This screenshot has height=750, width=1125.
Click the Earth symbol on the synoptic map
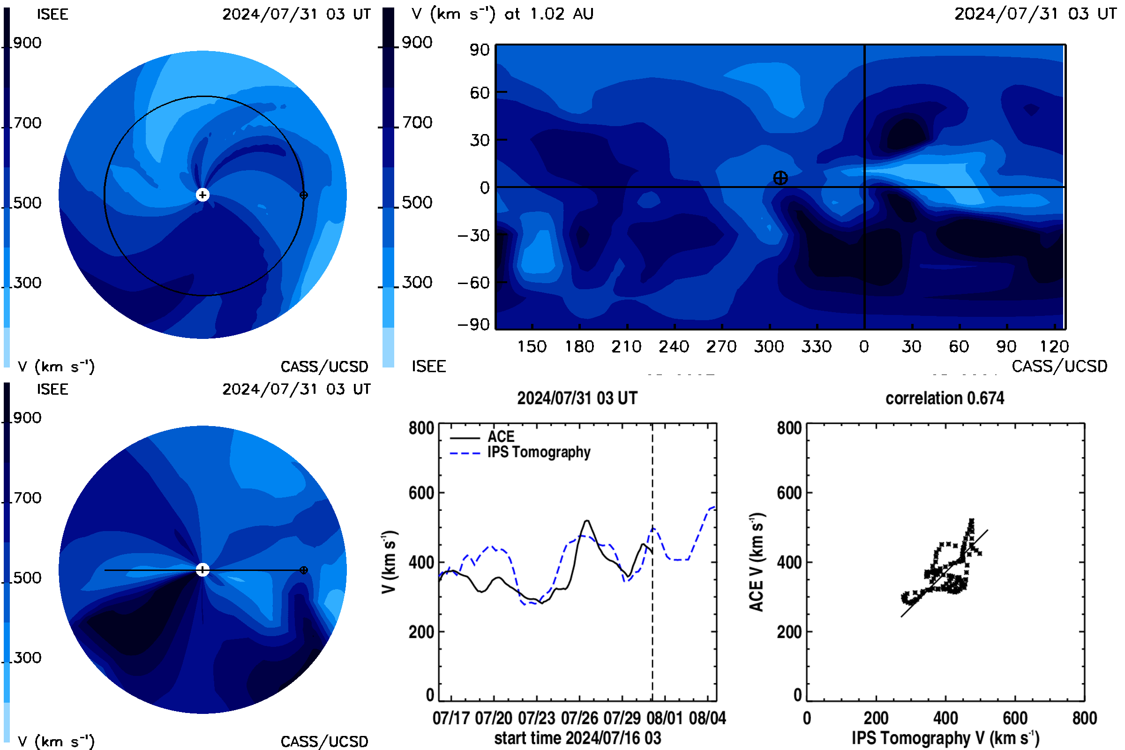(x=780, y=178)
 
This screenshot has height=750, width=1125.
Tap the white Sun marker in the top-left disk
(x=203, y=195)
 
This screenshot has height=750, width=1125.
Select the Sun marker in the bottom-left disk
(x=203, y=570)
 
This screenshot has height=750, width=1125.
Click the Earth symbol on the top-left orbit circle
(x=303, y=195)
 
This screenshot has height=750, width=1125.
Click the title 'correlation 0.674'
(x=945, y=398)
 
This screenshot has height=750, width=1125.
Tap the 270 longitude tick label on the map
(x=721, y=346)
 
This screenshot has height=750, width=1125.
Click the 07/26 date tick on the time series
(x=579, y=718)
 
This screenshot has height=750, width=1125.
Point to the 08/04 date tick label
(x=707, y=718)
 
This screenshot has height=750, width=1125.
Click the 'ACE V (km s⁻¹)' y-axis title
(x=757, y=562)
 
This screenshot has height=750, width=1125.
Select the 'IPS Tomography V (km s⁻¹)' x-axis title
(x=945, y=738)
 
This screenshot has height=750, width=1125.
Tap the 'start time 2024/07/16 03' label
(x=577, y=738)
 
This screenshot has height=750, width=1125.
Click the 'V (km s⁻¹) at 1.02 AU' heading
(x=502, y=14)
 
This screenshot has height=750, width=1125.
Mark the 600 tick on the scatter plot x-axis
(x=1015, y=718)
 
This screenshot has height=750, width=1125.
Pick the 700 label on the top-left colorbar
(x=27, y=123)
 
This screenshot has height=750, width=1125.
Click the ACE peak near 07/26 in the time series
(x=587, y=521)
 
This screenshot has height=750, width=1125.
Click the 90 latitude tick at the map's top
(x=480, y=50)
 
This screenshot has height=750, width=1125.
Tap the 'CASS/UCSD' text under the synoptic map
(x=1059, y=367)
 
